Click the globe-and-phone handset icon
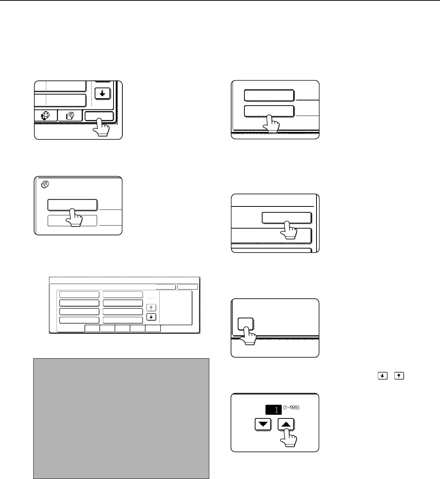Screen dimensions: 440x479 point(45,116)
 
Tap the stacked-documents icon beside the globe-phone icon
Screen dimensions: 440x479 point(70,116)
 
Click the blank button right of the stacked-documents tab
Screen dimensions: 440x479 point(99,116)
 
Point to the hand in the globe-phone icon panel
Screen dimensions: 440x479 point(101,127)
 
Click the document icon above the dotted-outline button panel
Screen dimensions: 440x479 point(45,185)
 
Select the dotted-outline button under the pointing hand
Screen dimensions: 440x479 point(72,220)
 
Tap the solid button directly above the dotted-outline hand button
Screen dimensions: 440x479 point(72,205)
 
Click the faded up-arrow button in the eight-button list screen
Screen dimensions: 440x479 point(151,308)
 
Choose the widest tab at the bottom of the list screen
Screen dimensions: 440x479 point(71,329)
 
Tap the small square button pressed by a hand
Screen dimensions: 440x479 point(246,324)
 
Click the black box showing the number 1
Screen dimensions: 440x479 point(273,410)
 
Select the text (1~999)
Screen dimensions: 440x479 point(291,407)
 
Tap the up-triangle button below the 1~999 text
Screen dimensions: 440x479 point(286,424)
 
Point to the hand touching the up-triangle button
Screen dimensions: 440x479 point(289,437)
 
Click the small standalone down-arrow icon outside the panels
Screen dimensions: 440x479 point(383,376)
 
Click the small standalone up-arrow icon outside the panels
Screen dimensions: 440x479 point(399,376)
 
